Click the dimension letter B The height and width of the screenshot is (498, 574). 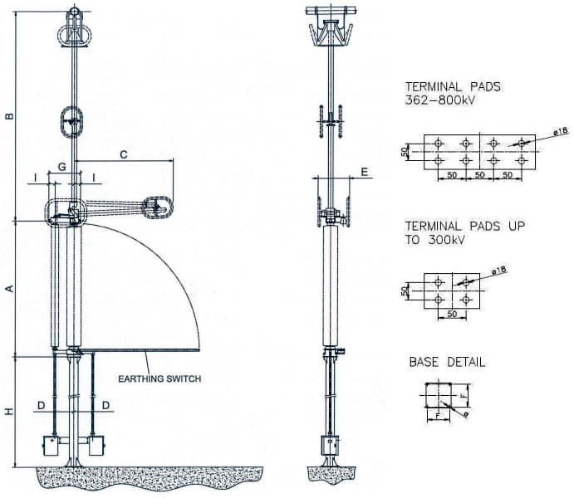9,116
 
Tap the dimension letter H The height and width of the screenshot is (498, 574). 9,412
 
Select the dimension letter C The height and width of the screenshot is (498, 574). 124,154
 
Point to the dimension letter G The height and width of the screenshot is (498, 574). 62,167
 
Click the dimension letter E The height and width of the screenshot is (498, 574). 364,172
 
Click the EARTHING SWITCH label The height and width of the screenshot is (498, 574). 159,378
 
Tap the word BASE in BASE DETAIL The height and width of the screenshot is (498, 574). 424,363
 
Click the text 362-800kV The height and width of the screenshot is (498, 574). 439,100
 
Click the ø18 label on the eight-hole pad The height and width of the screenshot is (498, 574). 562,131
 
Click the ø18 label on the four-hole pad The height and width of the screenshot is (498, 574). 500,271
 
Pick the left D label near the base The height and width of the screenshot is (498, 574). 42,406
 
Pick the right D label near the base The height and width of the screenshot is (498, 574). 105,406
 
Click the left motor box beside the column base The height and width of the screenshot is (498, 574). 51,446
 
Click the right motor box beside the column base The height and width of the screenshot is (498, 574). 96,446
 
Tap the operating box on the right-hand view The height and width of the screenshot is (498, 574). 331,445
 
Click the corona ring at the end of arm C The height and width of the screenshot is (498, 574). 157,207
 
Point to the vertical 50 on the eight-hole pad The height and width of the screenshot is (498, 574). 404,151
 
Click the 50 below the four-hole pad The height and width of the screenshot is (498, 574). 452,314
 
